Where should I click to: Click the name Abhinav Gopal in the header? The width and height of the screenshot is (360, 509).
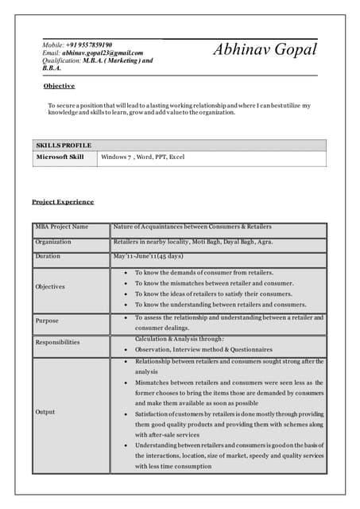click(x=265, y=50)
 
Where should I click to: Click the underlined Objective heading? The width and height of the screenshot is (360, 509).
click(x=59, y=86)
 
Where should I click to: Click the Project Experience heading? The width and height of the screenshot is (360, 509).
click(x=63, y=202)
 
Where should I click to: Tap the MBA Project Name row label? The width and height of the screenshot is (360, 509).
click(x=62, y=227)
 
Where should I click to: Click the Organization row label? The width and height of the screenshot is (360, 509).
click(x=53, y=242)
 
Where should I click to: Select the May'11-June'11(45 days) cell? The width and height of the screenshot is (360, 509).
click(x=149, y=256)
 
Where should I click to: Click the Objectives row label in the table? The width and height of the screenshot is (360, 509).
click(x=50, y=286)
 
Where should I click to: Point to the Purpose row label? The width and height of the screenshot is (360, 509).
click(x=47, y=321)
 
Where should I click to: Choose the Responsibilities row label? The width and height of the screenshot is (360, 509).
click(x=57, y=342)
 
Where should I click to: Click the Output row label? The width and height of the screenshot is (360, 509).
click(x=45, y=412)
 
